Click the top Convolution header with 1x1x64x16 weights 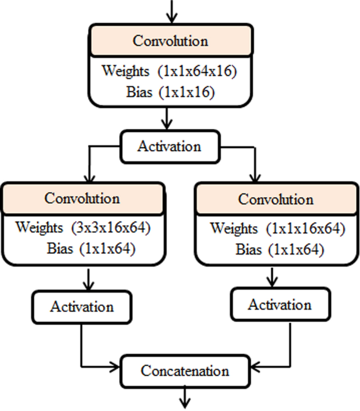tap(170, 40)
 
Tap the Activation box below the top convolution tap(169, 146)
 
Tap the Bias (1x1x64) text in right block tap(279, 250)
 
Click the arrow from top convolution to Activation tap(167, 119)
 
